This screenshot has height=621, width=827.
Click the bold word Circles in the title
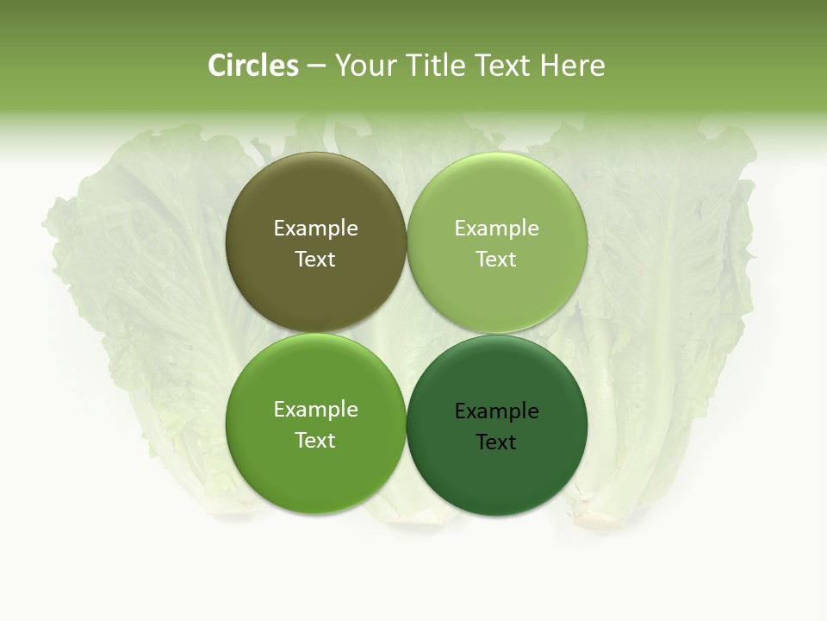[253, 66]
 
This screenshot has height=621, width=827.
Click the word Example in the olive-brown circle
[315, 229]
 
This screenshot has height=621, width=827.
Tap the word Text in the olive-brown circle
[315, 260]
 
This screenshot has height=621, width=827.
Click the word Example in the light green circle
[496, 229]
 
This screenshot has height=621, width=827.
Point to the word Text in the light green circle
[496, 260]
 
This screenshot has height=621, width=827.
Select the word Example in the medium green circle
[315, 410]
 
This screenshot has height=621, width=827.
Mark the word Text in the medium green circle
[315, 441]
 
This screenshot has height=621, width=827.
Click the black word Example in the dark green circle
[496, 411]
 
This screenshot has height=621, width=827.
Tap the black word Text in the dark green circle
[496, 442]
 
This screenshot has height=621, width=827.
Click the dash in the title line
[316, 66]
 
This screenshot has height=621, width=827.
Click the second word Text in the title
[504, 66]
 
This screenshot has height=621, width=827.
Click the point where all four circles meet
[407, 333]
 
